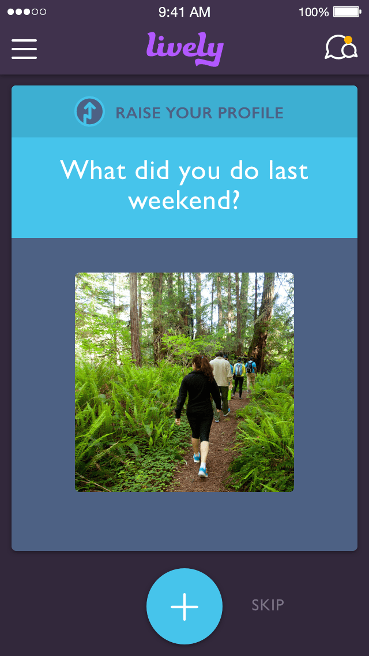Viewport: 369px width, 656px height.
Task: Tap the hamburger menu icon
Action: click(x=24, y=49)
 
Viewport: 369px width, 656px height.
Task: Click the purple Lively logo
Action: click(x=184, y=49)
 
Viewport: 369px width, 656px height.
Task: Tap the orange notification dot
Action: click(x=348, y=40)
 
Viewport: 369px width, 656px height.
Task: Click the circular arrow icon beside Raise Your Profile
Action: click(x=89, y=111)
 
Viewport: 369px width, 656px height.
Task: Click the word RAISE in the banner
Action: click(x=137, y=113)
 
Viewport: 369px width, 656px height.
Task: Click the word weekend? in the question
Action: click(x=184, y=200)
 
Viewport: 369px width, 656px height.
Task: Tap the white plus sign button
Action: click(x=184, y=606)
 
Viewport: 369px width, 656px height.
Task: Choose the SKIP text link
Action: click(x=268, y=605)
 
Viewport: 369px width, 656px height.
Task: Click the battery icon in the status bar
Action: click(x=347, y=12)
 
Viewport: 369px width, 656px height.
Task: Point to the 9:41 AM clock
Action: click(x=184, y=12)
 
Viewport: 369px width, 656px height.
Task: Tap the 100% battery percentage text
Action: click(x=314, y=12)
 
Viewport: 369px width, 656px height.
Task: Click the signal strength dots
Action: click(x=27, y=12)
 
